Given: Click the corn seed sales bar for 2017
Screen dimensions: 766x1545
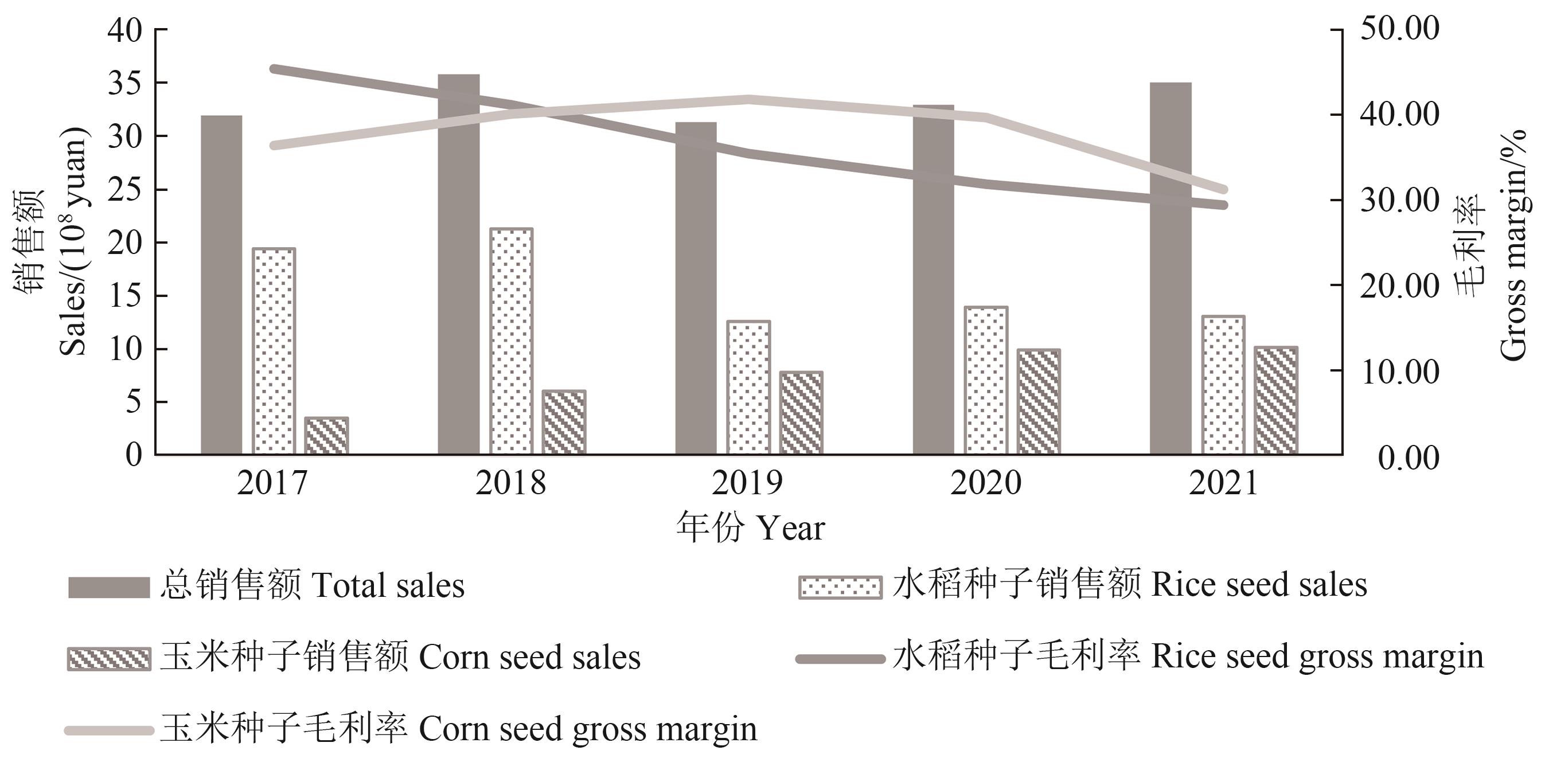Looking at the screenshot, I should (326, 436).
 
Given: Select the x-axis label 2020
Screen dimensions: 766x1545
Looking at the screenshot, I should (985, 483).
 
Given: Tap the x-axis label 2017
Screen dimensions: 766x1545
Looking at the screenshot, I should (272, 483).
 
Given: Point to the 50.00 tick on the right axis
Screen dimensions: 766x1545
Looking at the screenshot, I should (1399, 29).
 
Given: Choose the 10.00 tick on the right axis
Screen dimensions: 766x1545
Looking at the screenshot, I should (1399, 372).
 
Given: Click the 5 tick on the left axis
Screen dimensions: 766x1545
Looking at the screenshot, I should (133, 402).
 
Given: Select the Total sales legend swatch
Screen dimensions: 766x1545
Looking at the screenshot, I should (108, 588).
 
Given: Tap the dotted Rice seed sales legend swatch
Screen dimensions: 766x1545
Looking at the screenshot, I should (840, 588).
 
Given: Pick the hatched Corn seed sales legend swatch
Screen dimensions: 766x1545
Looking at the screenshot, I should (108, 659).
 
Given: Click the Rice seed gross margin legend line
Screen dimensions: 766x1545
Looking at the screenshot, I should (840, 659).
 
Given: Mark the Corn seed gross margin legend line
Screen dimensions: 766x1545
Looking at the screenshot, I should (108, 730).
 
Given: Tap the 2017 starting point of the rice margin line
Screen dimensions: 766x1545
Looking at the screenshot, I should (274, 69).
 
